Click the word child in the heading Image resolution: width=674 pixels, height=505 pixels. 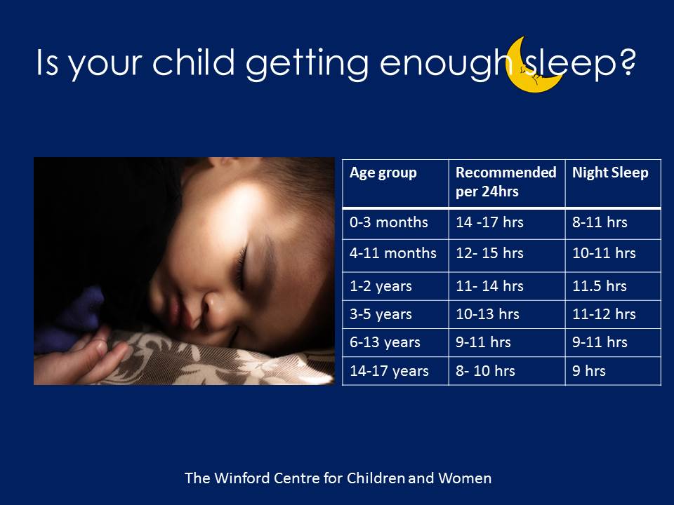(x=194, y=62)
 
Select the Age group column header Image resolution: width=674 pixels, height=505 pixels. (x=383, y=173)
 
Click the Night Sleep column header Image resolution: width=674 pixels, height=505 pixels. (x=610, y=173)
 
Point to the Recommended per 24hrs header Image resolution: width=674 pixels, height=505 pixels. (x=506, y=182)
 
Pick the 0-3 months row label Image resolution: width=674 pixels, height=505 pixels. (x=388, y=222)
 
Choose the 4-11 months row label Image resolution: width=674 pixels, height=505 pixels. (x=393, y=253)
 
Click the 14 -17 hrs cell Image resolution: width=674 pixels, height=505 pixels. (x=489, y=222)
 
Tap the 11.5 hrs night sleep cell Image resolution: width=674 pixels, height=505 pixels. (x=599, y=285)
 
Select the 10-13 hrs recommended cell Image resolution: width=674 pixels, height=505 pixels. (x=487, y=314)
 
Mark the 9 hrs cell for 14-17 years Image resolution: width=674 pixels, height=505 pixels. (x=588, y=370)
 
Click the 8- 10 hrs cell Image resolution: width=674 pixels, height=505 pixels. (x=485, y=370)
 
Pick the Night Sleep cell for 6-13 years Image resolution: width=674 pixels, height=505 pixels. (x=600, y=342)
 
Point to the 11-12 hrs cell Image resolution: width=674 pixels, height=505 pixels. (x=604, y=314)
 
